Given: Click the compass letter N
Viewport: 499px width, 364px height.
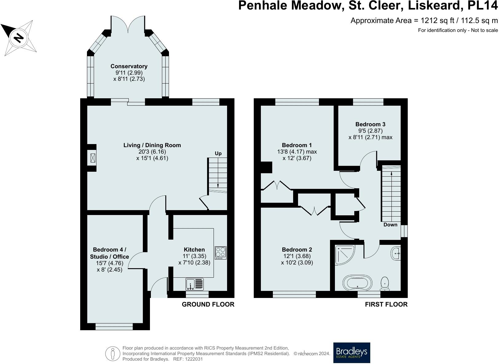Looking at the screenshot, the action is click(x=19, y=38).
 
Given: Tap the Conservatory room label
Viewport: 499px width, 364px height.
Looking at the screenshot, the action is click(x=129, y=66).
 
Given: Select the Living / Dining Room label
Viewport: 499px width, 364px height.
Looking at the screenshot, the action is click(x=152, y=145).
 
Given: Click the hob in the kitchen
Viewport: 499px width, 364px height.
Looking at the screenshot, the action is click(x=221, y=253).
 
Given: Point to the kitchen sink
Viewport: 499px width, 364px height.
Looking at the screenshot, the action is click(x=194, y=284).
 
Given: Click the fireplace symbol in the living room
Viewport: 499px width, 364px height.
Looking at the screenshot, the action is click(x=93, y=158).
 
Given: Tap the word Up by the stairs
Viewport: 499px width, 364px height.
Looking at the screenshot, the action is click(x=218, y=154).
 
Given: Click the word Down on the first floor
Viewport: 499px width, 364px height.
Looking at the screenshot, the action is click(x=390, y=225).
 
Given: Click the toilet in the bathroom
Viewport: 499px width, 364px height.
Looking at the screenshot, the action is click(x=385, y=284).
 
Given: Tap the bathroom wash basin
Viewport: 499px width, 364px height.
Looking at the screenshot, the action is click(x=396, y=253).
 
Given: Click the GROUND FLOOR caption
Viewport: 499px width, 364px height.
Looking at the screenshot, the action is click(x=208, y=304).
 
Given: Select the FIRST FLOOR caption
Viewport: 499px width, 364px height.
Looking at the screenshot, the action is click(x=386, y=304).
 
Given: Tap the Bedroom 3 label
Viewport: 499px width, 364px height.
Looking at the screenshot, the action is click(x=370, y=124).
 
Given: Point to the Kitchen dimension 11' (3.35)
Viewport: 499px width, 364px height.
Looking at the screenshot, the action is click(x=194, y=256).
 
